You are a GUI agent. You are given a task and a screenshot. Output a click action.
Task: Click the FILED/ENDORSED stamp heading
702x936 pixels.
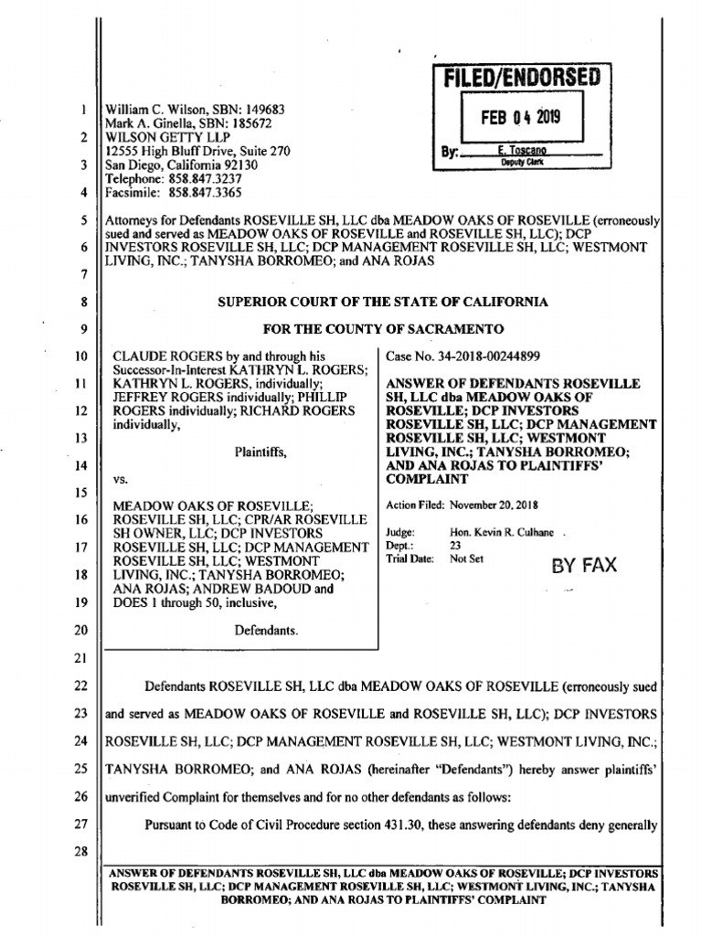pos(521,78)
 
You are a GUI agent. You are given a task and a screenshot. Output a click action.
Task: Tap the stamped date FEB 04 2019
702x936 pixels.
pos(521,117)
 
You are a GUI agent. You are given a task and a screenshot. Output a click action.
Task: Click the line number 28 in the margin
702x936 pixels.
pos(81,852)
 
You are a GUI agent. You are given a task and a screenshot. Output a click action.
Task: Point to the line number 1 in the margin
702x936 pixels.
pos(83,111)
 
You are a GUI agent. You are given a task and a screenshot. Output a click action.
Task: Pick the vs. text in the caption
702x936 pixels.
pos(119,478)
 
